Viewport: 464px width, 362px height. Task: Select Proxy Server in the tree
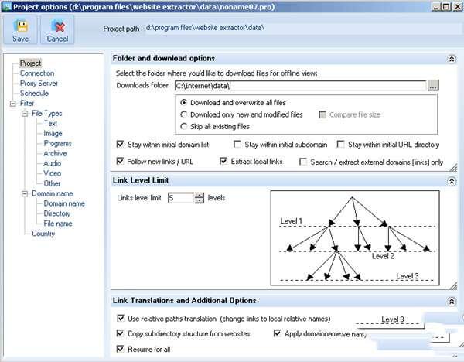(x=39, y=83)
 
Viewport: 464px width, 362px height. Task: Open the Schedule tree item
(x=34, y=93)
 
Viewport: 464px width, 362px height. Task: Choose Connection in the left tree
(x=37, y=73)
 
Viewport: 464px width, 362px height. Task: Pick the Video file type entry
(x=53, y=173)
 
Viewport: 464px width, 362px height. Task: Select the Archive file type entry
(x=55, y=153)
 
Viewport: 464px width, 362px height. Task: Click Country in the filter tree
(x=44, y=234)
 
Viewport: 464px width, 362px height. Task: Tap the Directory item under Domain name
(x=57, y=213)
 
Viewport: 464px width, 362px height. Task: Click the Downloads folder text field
(x=300, y=85)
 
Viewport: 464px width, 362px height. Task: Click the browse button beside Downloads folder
(x=434, y=85)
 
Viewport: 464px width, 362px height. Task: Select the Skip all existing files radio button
(x=183, y=126)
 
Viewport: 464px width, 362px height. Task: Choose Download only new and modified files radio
(x=183, y=114)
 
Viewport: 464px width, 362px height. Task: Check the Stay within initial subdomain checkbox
(x=237, y=144)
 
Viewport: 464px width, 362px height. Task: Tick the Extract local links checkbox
(x=224, y=162)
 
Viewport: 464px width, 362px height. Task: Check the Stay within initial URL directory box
(x=341, y=144)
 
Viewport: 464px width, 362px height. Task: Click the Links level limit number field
(x=179, y=198)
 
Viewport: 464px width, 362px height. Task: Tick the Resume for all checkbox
(x=121, y=350)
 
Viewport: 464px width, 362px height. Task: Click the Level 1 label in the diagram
(x=292, y=221)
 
